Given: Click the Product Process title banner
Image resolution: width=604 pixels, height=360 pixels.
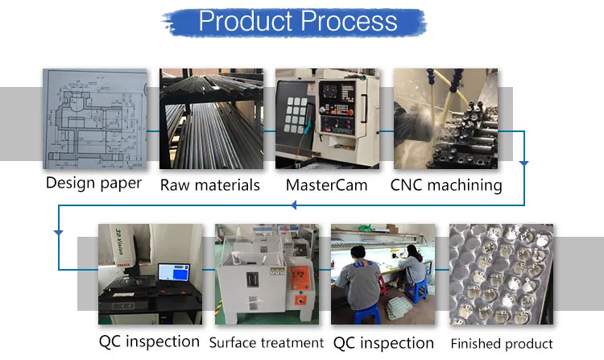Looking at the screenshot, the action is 296,22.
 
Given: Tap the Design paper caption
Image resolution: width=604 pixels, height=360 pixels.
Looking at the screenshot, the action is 93,184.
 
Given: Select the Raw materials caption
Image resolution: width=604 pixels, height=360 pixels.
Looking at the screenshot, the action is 210,185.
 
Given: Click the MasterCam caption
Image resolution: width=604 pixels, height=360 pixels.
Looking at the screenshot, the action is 326,185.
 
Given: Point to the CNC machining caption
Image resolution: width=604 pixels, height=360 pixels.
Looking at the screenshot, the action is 446,185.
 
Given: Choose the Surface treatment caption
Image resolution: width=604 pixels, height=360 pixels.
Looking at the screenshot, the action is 267,342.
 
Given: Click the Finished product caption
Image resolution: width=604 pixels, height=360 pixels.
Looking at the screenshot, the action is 502,343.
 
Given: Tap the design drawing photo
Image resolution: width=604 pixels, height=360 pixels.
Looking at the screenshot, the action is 95,118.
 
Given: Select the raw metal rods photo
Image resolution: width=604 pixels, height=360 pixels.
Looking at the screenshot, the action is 212,118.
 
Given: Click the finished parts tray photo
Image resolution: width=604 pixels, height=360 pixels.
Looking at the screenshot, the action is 501,274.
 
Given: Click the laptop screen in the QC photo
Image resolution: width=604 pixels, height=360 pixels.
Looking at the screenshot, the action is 174,272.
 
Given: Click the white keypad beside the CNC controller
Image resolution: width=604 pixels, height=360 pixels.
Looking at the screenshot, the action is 296,114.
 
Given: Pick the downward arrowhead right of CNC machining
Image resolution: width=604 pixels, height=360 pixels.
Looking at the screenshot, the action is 524,163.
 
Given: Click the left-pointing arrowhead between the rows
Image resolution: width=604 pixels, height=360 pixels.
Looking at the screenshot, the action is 293,205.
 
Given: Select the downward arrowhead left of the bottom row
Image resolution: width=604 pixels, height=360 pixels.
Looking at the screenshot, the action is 59,233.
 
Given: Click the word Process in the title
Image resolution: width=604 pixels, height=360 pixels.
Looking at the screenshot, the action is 349,21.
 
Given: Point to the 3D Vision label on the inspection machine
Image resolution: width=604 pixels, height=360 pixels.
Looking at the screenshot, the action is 120,242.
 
